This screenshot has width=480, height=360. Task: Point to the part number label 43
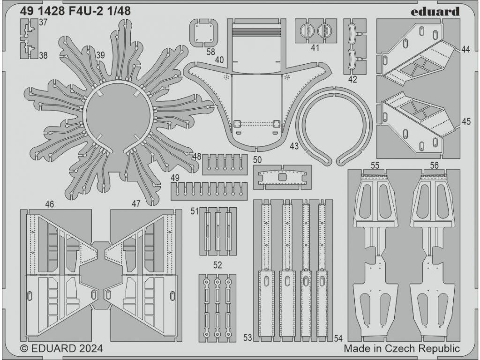point(294,146)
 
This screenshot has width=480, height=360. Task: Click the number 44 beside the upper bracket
point(465,49)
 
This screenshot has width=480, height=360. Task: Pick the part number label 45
point(465,122)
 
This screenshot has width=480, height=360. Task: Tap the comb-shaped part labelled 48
point(225,164)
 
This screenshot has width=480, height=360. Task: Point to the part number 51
point(195,211)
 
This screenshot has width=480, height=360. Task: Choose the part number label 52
point(217,265)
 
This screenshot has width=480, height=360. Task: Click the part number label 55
point(375,165)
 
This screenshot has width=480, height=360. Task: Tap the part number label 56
point(434,165)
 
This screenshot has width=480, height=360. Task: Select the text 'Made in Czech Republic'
point(402,349)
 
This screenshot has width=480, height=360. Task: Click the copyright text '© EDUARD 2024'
point(62,349)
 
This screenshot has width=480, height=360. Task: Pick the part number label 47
point(136,204)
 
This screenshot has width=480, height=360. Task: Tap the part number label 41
point(315,47)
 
